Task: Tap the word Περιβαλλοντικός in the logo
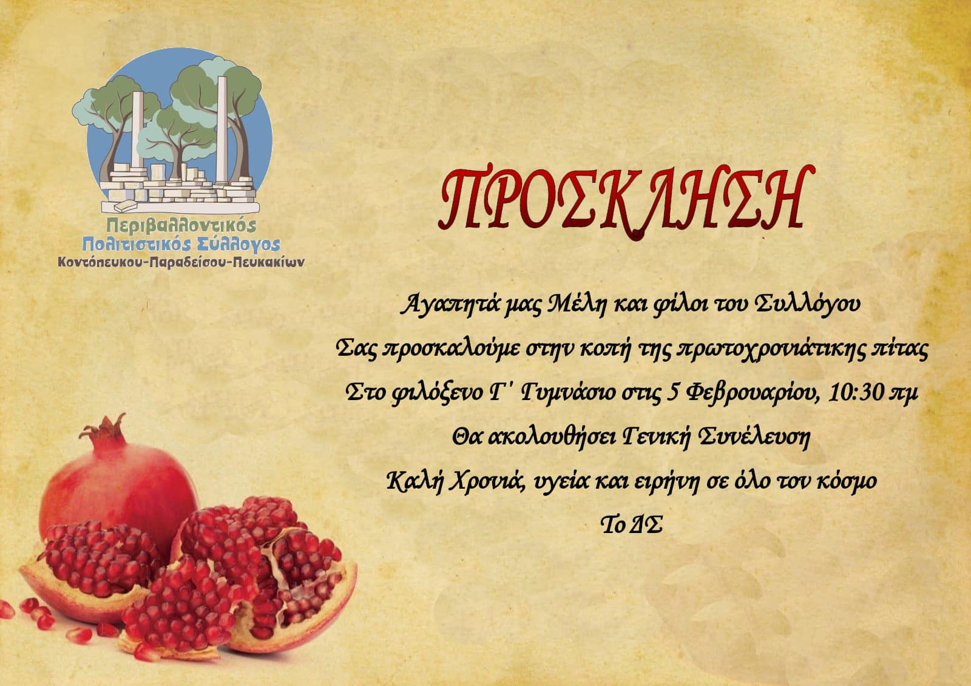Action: click(181, 225)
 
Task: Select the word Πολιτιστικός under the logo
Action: click(137, 244)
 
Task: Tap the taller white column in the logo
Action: click(222, 130)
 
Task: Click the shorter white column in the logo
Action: click(137, 130)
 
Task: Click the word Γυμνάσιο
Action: click(568, 394)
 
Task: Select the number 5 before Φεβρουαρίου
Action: click(673, 392)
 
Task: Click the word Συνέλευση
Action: click(755, 437)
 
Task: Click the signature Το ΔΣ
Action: click(631, 525)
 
